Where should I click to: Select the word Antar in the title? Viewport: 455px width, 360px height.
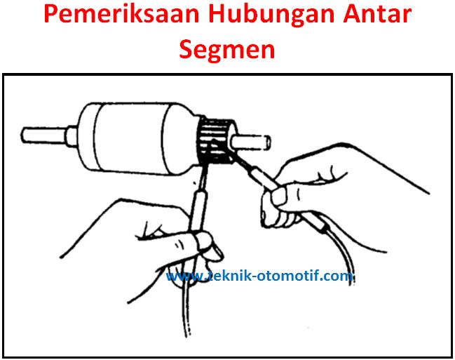(x=377, y=14)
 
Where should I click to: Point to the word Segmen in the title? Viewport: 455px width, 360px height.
(x=227, y=49)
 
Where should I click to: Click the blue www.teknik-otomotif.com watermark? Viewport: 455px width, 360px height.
(x=259, y=276)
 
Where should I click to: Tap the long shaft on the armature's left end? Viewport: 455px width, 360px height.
(x=44, y=135)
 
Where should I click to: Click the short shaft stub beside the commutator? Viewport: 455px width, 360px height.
(x=251, y=142)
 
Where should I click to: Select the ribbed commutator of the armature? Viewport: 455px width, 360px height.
(x=216, y=140)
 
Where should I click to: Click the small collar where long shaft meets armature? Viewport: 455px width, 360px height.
(x=72, y=135)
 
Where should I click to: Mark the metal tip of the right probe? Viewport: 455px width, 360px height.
(x=238, y=159)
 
